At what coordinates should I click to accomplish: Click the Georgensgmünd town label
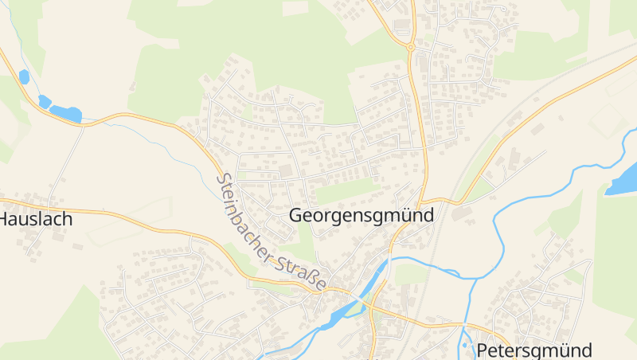pyautogui.click(x=361, y=215)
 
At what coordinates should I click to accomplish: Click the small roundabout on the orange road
pyautogui.click(x=411, y=47)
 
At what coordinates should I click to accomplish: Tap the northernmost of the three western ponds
pyautogui.click(x=24, y=77)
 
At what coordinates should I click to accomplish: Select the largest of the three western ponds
pyautogui.click(x=65, y=114)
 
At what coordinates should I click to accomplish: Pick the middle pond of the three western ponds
pyautogui.click(x=45, y=101)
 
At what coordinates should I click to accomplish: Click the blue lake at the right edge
pyautogui.click(x=623, y=180)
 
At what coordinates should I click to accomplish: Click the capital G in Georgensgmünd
pyautogui.click(x=297, y=215)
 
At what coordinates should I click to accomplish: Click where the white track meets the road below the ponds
pyautogui.click(x=84, y=125)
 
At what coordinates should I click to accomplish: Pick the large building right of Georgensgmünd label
pyautogui.click(x=461, y=213)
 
